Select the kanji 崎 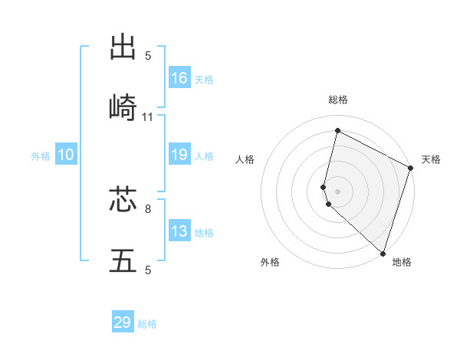(123, 108)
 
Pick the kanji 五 (123, 261)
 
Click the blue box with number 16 (179, 78)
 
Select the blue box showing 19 (179, 155)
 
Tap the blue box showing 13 (179, 231)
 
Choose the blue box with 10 (66, 155)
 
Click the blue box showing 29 (123, 322)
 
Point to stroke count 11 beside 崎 (148, 117)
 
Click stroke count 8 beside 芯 (148, 208)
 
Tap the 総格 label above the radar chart (338, 100)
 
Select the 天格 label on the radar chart (431, 159)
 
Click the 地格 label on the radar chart (402, 262)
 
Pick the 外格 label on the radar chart (270, 262)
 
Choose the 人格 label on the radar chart (245, 159)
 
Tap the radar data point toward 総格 (337, 131)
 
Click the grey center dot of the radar (337, 191)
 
